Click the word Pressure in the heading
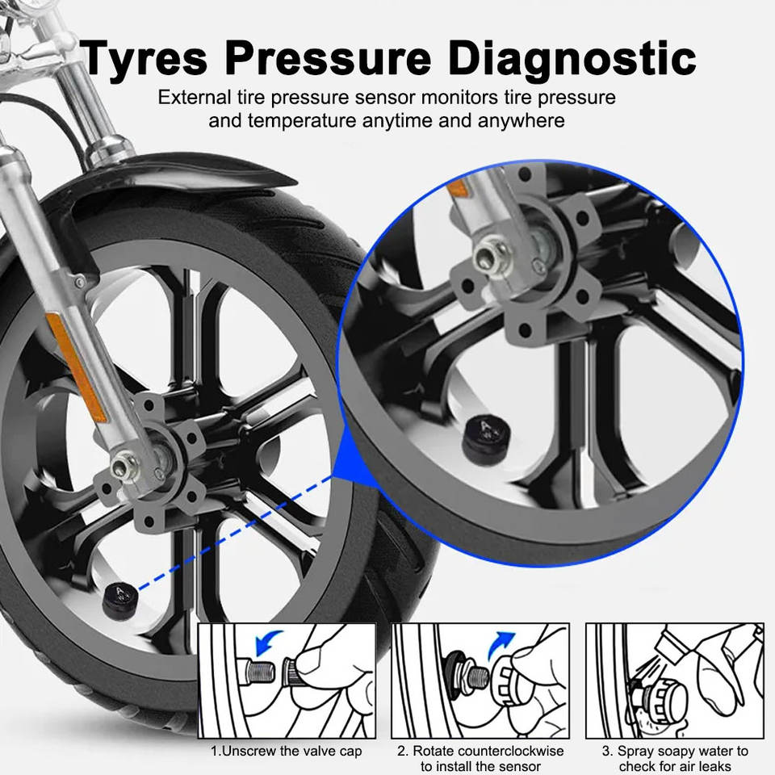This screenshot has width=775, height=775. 329,58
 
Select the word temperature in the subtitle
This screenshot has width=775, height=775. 301,120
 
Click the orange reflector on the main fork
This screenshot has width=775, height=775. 76,368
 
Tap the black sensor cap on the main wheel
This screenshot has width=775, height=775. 120,600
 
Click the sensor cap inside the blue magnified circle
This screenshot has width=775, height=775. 486,438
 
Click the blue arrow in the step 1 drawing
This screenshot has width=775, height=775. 268,642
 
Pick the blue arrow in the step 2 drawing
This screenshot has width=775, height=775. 501,644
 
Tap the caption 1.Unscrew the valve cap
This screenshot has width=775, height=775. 286,752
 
